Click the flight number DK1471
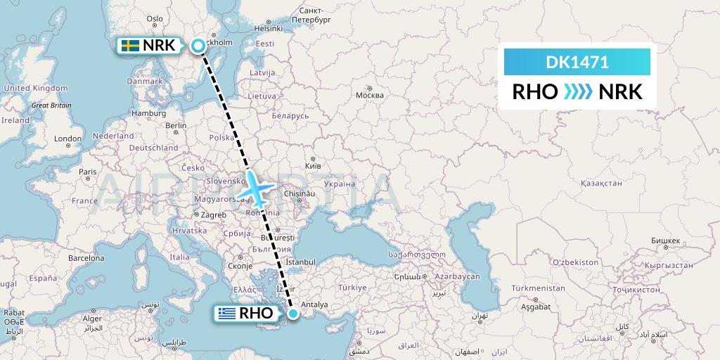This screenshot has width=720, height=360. [x=577, y=63]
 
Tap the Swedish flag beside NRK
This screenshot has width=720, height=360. [x=129, y=46]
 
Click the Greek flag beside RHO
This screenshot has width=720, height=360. [x=226, y=314]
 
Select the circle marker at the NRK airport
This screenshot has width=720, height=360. [x=198, y=46]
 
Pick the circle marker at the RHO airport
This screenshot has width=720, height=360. [x=292, y=314]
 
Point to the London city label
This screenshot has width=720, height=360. [x=68, y=139]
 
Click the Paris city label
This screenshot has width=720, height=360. [x=87, y=172]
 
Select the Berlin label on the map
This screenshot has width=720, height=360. [x=175, y=125]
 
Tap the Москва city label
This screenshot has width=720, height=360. [x=369, y=95]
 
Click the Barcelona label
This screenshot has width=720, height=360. [x=86, y=258]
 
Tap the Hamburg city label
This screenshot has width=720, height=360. [x=148, y=112]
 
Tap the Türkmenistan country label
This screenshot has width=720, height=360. [x=538, y=288]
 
